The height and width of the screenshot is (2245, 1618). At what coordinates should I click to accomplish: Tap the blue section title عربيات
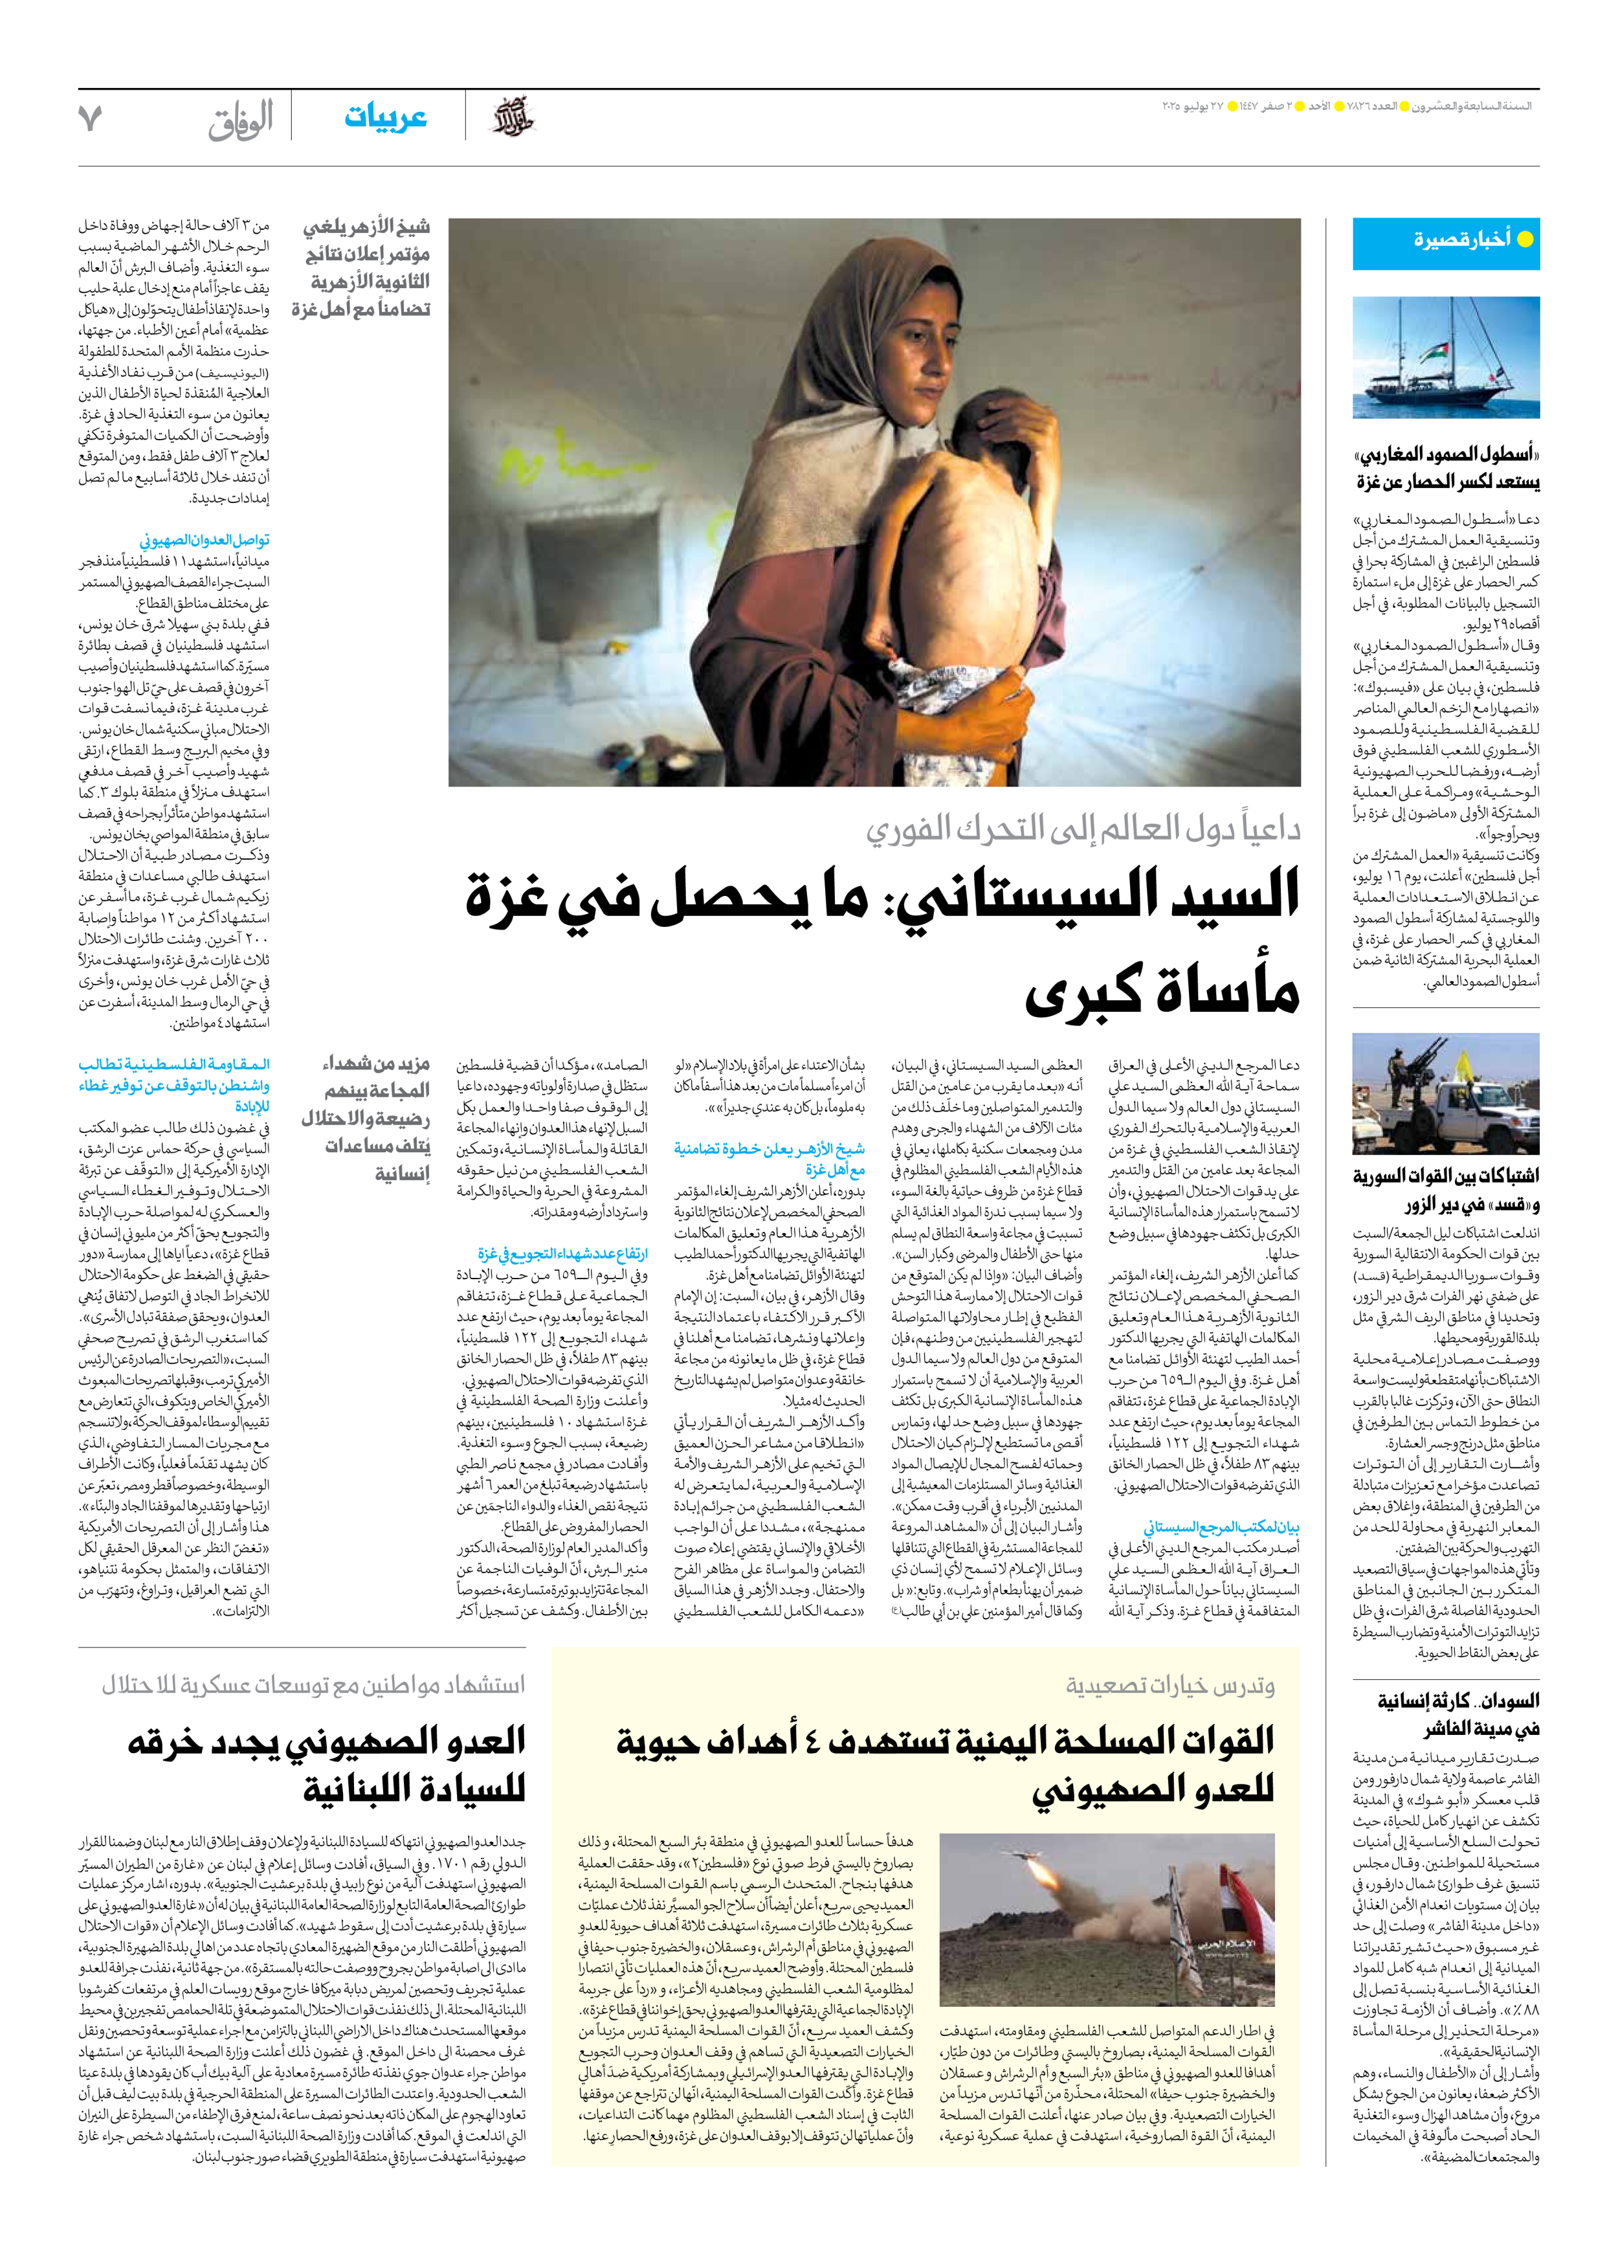[x=385, y=118]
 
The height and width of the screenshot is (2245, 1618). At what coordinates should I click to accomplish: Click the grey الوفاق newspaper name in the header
[x=241, y=120]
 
